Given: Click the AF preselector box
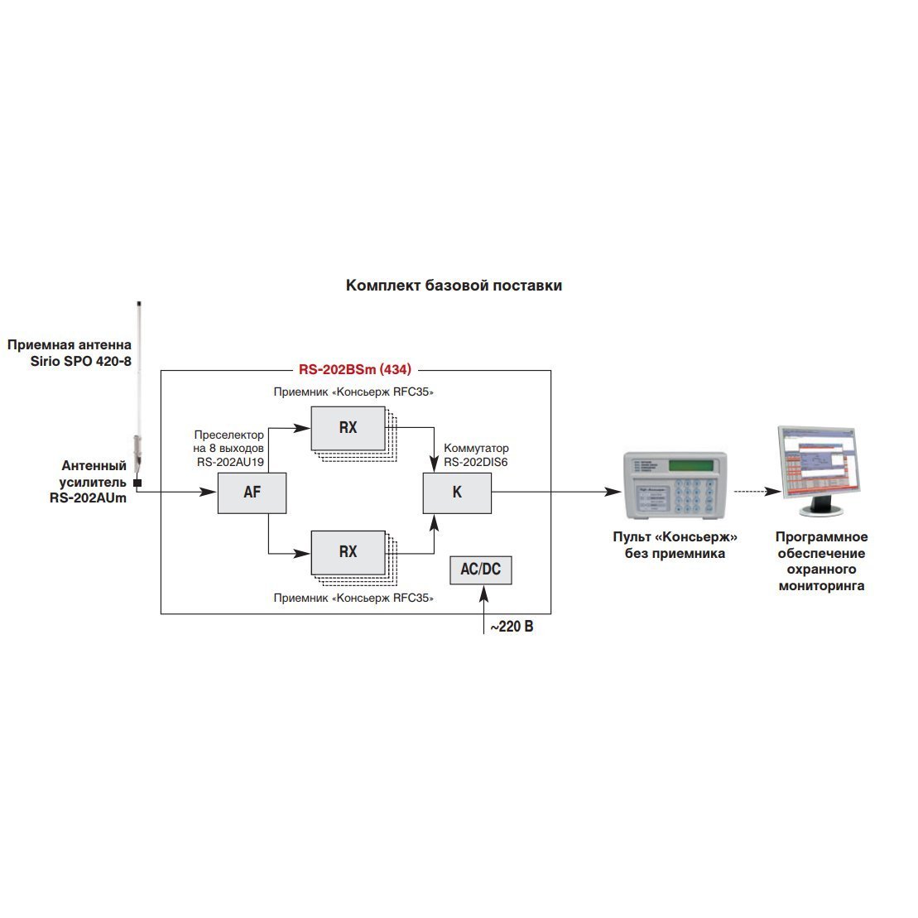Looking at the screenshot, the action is click(x=252, y=493).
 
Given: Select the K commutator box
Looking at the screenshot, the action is click(x=457, y=493).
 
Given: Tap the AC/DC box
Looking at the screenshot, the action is click(x=481, y=570).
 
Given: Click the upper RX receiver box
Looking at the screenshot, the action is click(x=348, y=428).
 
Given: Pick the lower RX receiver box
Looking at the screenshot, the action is click(x=348, y=552).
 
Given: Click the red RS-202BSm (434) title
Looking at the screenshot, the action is click(x=355, y=369).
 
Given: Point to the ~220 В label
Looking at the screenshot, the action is click(x=512, y=627).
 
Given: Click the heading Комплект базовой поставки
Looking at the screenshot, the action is click(x=454, y=285).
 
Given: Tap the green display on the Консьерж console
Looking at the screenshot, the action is click(x=691, y=466).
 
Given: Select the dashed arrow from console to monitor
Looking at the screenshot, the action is click(x=757, y=492).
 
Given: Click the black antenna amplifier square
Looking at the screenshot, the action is click(x=137, y=483).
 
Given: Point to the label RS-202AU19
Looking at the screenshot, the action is click(x=230, y=462).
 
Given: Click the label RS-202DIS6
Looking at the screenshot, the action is click(x=475, y=462).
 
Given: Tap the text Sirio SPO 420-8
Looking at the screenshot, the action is click(x=81, y=361).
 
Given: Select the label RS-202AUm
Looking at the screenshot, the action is click(x=88, y=498).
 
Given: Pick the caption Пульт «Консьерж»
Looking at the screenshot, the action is click(x=675, y=537).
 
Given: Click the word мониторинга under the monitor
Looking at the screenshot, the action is click(x=821, y=586).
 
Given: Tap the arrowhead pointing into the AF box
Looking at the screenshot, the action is click(x=209, y=493).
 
